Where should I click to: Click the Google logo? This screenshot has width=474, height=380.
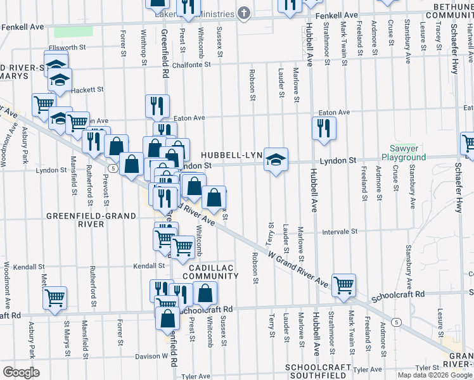point(21,372)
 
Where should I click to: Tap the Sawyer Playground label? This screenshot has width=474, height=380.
point(404,153)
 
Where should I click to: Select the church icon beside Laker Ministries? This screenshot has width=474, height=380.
point(244,13)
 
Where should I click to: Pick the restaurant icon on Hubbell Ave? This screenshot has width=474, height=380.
point(324,128)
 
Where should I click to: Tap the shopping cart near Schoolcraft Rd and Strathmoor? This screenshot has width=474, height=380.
point(343,285)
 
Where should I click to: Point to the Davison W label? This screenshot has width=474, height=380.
point(150,356)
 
